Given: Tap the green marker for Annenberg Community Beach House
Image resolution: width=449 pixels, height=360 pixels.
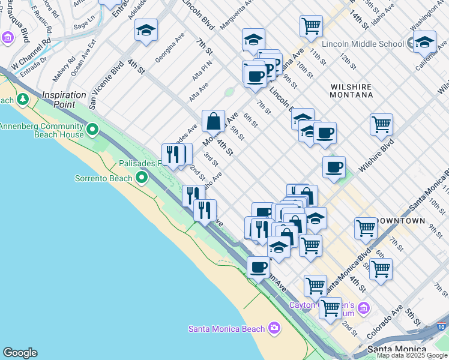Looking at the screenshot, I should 92,129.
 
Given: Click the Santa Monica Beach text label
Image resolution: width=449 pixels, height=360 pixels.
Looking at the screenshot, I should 226,328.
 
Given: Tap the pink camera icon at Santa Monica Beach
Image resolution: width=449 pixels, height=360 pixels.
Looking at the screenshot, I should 274,328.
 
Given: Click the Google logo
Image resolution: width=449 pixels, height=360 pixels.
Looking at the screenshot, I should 20,353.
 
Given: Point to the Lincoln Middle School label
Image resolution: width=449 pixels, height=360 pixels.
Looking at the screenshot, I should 363,44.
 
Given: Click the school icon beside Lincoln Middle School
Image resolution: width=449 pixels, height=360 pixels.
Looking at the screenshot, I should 424,42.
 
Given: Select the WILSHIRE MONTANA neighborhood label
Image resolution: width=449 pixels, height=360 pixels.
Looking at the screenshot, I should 351,91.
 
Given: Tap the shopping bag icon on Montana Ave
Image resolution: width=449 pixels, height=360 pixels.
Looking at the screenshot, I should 213,121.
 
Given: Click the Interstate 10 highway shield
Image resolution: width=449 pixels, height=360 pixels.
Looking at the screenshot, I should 442,327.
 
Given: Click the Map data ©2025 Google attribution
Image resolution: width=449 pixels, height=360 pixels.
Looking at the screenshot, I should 412,355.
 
